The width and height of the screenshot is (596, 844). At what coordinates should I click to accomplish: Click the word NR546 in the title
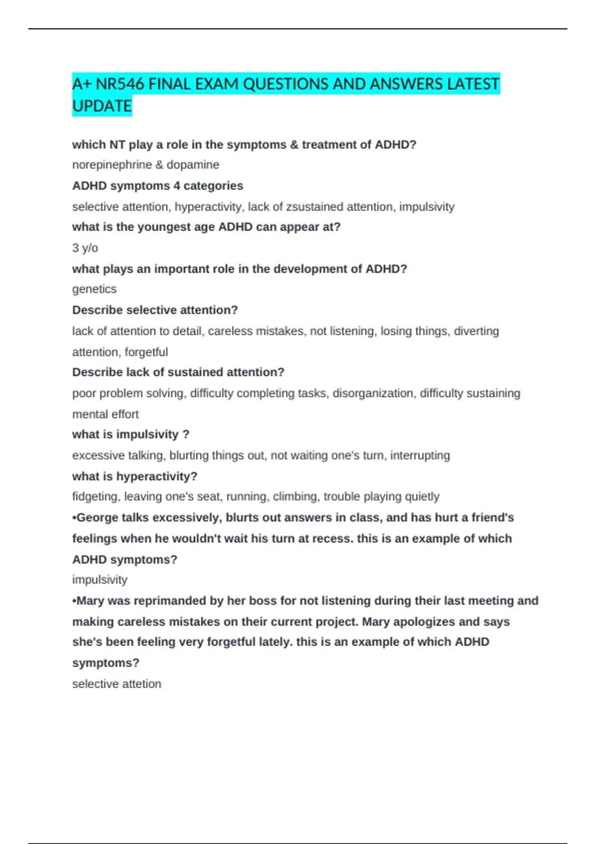pos(120,84)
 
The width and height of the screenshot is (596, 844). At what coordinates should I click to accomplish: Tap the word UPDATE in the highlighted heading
pos(102,106)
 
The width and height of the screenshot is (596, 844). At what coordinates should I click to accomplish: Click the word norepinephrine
pos(112,165)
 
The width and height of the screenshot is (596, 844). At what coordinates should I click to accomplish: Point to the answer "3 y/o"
pos(85,248)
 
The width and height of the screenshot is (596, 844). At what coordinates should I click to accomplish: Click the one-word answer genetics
pos(94,289)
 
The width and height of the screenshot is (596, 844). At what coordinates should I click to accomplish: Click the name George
pos(98,517)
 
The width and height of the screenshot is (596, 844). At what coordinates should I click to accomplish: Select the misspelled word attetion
pos(141,684)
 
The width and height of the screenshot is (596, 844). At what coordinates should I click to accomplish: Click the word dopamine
pos(193,165)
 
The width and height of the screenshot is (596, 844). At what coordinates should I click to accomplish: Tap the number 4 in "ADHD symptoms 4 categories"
pos(177,186)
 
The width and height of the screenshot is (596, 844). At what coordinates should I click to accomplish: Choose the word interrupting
pos(420,455)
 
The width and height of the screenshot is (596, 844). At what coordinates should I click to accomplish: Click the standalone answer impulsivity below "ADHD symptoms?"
pos(100,579)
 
